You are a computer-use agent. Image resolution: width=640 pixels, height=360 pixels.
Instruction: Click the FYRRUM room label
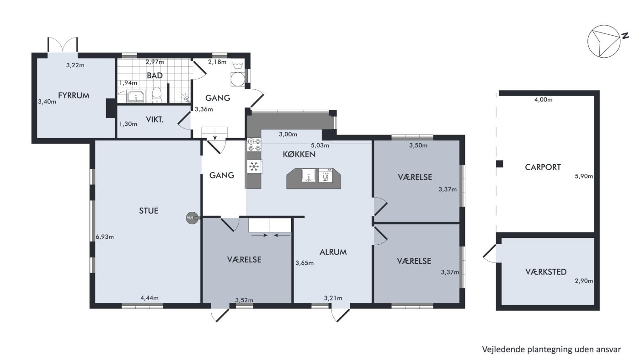pos(74,96)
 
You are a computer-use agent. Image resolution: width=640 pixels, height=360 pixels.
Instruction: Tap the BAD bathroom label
pos(155,75)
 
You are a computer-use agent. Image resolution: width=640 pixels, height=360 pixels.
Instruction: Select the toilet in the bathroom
pos(156,95)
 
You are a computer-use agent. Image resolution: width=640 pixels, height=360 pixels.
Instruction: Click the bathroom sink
pos(136,96)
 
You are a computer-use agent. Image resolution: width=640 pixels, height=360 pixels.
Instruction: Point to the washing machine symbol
pos(238,79)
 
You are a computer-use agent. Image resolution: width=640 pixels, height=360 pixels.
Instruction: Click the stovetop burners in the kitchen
pos(254,145)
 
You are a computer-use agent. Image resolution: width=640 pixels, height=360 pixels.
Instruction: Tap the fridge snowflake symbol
pos(254,167)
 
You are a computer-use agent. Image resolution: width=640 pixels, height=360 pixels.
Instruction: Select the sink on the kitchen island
pos(309,175)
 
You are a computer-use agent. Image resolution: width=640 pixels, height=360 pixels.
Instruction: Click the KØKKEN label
pos(299,155)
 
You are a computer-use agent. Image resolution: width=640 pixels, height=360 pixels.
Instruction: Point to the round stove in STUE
pos(192,218)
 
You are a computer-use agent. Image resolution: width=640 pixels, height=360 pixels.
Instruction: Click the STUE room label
pos(149,211)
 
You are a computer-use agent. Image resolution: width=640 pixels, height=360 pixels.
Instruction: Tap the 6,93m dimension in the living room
pos(105,237)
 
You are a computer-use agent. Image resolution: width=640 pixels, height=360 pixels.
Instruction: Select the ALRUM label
pos(333,252)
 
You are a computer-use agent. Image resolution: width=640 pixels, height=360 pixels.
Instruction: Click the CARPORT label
pos(543,167)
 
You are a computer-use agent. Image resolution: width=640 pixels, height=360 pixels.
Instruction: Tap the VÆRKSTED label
pos(546,272)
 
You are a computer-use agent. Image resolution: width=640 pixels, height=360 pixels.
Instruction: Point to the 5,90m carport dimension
pos(584,176)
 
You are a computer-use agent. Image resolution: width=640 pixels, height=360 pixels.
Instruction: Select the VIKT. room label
pos(155,119)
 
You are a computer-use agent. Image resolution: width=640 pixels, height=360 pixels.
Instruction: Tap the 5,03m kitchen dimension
pos(320,145)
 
